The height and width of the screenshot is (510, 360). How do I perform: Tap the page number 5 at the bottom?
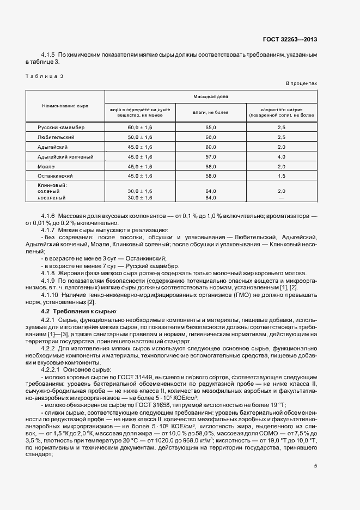315,466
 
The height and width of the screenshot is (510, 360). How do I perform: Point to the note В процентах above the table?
301,83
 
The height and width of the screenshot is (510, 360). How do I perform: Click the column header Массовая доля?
210,96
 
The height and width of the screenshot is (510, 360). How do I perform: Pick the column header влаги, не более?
211,113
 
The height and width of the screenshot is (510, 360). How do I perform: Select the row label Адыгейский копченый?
65,156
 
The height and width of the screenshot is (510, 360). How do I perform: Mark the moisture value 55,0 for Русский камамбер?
211,127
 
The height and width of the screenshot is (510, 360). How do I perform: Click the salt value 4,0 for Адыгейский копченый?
281,156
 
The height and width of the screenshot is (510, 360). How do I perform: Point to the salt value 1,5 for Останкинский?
281,176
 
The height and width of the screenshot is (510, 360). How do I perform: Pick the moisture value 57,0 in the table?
211,156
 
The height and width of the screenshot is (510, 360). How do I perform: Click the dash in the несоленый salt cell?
281,198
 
